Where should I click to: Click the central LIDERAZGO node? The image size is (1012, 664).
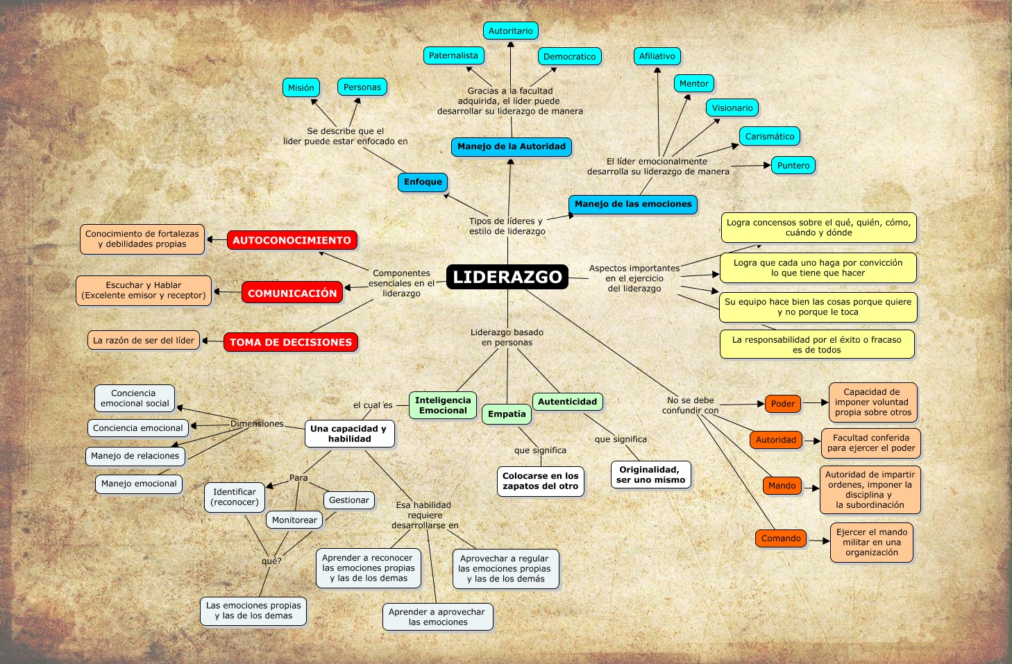507,277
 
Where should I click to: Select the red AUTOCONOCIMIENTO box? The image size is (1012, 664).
292,240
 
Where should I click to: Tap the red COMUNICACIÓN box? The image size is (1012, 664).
292,293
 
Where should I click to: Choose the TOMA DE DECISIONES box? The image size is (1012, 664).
291,342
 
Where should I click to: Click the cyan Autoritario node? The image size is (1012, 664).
510,31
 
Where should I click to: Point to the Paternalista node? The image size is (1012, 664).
453,56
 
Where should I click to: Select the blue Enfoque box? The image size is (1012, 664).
423,182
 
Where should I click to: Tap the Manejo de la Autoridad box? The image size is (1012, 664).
511,146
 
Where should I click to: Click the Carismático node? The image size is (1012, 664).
769,136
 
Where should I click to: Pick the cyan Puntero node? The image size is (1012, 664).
793,165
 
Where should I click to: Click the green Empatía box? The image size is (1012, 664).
507,414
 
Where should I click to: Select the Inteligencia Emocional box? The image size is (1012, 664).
443,405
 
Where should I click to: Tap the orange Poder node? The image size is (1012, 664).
782,404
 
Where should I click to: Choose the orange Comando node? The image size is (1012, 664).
781,538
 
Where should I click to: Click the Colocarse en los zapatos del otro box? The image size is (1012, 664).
540,481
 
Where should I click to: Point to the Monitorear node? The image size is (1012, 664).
294,520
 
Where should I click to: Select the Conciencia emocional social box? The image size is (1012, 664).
135,398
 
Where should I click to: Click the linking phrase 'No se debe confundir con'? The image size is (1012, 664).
690,405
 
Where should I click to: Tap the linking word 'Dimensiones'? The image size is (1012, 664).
257,424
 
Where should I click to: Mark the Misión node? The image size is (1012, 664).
301,87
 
